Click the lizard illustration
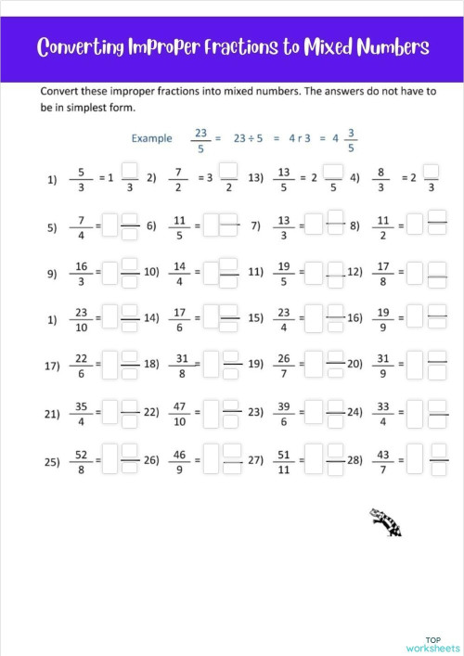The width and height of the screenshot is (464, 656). click(x=385, y=522)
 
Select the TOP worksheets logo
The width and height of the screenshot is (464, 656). click(x=432, y=644)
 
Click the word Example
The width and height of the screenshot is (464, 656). click(x=151, y=138)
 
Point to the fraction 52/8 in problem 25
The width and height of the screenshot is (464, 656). click(x=83, y=461)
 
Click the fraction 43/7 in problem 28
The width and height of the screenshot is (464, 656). click(x=381, y=461)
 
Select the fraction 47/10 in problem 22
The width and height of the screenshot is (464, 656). click(x=180, y=413)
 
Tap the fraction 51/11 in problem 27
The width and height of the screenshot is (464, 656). click(x=284, y=461)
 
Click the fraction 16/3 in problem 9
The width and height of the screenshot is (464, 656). click(x=83, y=274)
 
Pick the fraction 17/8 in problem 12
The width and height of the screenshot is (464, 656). click(x=381, y=274)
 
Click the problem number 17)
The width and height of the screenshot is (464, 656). click(x=52, y=366)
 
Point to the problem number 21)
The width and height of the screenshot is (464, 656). click(x=52, y=414)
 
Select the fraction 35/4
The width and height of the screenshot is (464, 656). click(x=83, y=413)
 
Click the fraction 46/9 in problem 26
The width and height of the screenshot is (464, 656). click(x=180, y=461)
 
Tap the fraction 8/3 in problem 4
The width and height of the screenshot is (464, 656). click(x=380, y=178)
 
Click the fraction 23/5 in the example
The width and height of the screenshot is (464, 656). click(x=200, y=139)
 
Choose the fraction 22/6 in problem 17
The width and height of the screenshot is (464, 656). click(x=83, y=365)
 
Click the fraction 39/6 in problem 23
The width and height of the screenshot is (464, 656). click(x=284, y=413)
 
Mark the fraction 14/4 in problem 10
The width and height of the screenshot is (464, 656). click(x=180, y=274)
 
